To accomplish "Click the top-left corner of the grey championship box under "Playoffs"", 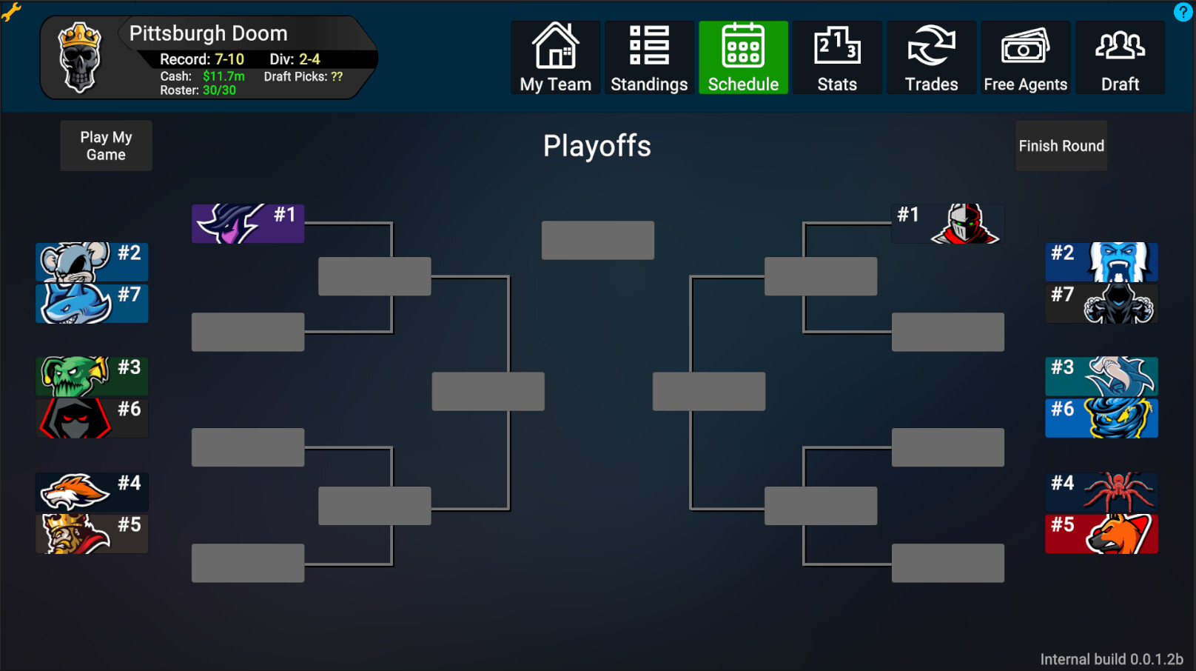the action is [x=542, y=221].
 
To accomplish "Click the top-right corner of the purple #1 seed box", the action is [x=304, y=204].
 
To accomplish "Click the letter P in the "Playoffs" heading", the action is [x=551, y=146].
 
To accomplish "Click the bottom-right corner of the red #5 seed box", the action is [x=1158, y=553].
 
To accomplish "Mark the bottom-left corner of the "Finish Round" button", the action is [x=1015, y=170].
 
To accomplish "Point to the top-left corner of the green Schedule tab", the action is [x=699, y=21].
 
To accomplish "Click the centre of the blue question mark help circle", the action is [x=1183, y=12].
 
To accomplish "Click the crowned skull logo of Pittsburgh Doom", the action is [x=79, y=58].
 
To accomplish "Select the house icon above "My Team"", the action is [x=555, y=45].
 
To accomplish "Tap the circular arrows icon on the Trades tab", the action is [x=931, y=45].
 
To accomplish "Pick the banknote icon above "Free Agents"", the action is [x=1025, y=46].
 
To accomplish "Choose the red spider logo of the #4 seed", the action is [x=1118, y=492].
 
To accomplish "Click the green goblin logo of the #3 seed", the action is [x=74, y=376].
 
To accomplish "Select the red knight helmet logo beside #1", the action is [x=965, y=224].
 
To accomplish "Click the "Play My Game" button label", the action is [x=107, y=146].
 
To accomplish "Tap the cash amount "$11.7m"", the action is [x=224, y=76].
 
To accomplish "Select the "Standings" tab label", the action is [x=649, y=84].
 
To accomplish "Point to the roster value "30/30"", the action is [x=220, y=90].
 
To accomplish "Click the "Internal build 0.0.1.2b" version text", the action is [x=1112, y=659].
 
